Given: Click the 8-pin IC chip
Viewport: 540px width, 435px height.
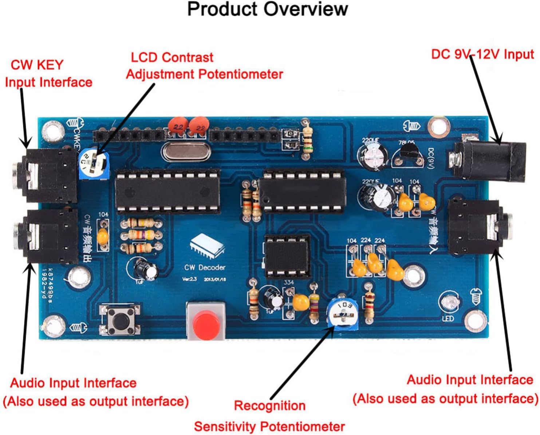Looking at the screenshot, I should pyautogui.click(x=287, y=256).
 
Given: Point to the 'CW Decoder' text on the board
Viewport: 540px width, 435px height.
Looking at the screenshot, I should pyautogui.click(x=205, y=268).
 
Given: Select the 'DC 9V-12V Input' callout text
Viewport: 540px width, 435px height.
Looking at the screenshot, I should pyautogui.click(x=482, y=55).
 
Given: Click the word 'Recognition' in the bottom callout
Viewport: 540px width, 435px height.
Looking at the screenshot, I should pyautogui.click(x=269, y=406).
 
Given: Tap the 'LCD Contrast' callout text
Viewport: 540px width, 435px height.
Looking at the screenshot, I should pyautogui.click(x=172, y=58).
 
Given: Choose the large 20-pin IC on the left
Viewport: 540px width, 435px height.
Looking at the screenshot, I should pyautogui.click(x=167, y=191).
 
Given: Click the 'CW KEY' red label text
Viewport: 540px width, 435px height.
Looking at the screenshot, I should pyautogui.click(x=37, y=65).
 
